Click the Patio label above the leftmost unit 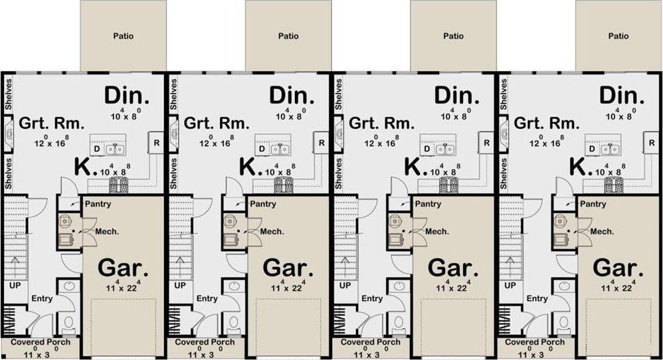[x=123, y=36]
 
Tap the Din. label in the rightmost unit [x=622, y=96]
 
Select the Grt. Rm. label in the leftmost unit [x=52, y=124]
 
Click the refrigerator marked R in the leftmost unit [x=156, y=142]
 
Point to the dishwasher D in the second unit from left [x=262, y=149]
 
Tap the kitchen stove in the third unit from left [x=448, y=185]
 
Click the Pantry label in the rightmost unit [x=593, y=204]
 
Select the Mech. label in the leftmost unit [x=107, y=232]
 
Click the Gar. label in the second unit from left [x=288, y=268]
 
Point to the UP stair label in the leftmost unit [x=15, y=286]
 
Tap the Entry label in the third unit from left [x=372, y=298]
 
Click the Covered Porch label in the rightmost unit [x=535, y=342]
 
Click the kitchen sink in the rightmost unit [x=609, y=149]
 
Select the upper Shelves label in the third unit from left [x=338, y=94]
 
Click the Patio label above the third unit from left [x=453, y=36]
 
